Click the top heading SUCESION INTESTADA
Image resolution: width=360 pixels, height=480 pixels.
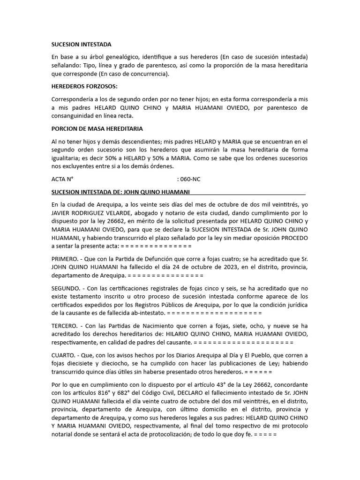(81, 45)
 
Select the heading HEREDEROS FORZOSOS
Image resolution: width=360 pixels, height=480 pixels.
(84, 86)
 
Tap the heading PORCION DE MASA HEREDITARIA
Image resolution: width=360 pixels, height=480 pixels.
(97, 128)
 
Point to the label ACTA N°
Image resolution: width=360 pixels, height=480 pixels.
(63, 179)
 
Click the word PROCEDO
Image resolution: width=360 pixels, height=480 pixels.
(294, 238)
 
